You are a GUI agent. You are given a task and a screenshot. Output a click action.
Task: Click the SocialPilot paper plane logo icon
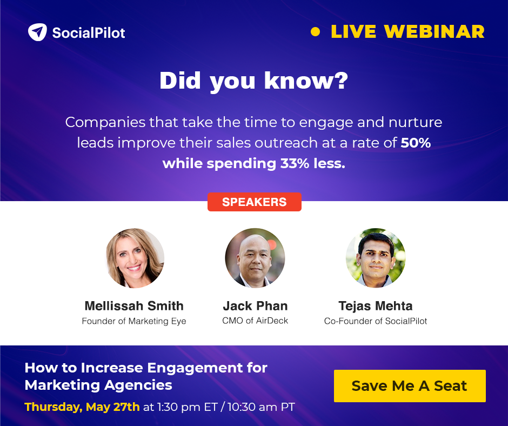pos(37,32)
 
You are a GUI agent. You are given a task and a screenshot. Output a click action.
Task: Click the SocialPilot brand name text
pos(89,33)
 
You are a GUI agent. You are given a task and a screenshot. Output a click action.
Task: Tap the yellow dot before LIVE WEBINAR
pos(315,32)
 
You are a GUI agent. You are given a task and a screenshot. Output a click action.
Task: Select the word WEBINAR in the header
pos(434,32)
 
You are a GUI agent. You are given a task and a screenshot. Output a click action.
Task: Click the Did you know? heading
pos(253,81)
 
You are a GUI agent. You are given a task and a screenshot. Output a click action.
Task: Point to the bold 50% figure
pos(416,143)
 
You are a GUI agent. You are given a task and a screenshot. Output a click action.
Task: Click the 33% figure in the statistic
pos(295,163)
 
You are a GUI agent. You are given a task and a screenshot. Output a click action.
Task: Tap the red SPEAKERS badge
pos(255,202)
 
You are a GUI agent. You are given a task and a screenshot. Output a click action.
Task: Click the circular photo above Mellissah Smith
pos(135,258)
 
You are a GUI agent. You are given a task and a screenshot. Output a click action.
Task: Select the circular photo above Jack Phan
pos(255,258)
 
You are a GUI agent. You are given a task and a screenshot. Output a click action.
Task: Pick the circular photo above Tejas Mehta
pos(376,258)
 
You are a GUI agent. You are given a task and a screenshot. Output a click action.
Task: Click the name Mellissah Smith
pos(134,306)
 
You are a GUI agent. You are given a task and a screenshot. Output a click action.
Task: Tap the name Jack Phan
pos(255,306)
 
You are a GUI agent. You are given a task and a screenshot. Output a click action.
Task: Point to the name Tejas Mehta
pos(376,306)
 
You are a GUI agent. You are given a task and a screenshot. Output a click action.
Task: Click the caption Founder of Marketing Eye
pos(134,321)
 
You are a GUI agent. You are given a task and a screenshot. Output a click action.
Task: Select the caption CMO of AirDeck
pos(255,321)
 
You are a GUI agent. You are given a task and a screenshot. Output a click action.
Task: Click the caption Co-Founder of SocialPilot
pos(376,321)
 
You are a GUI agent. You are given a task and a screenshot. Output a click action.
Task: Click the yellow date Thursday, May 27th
pos(82,407)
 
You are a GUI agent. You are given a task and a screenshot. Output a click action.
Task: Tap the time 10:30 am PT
pos(261,407)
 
